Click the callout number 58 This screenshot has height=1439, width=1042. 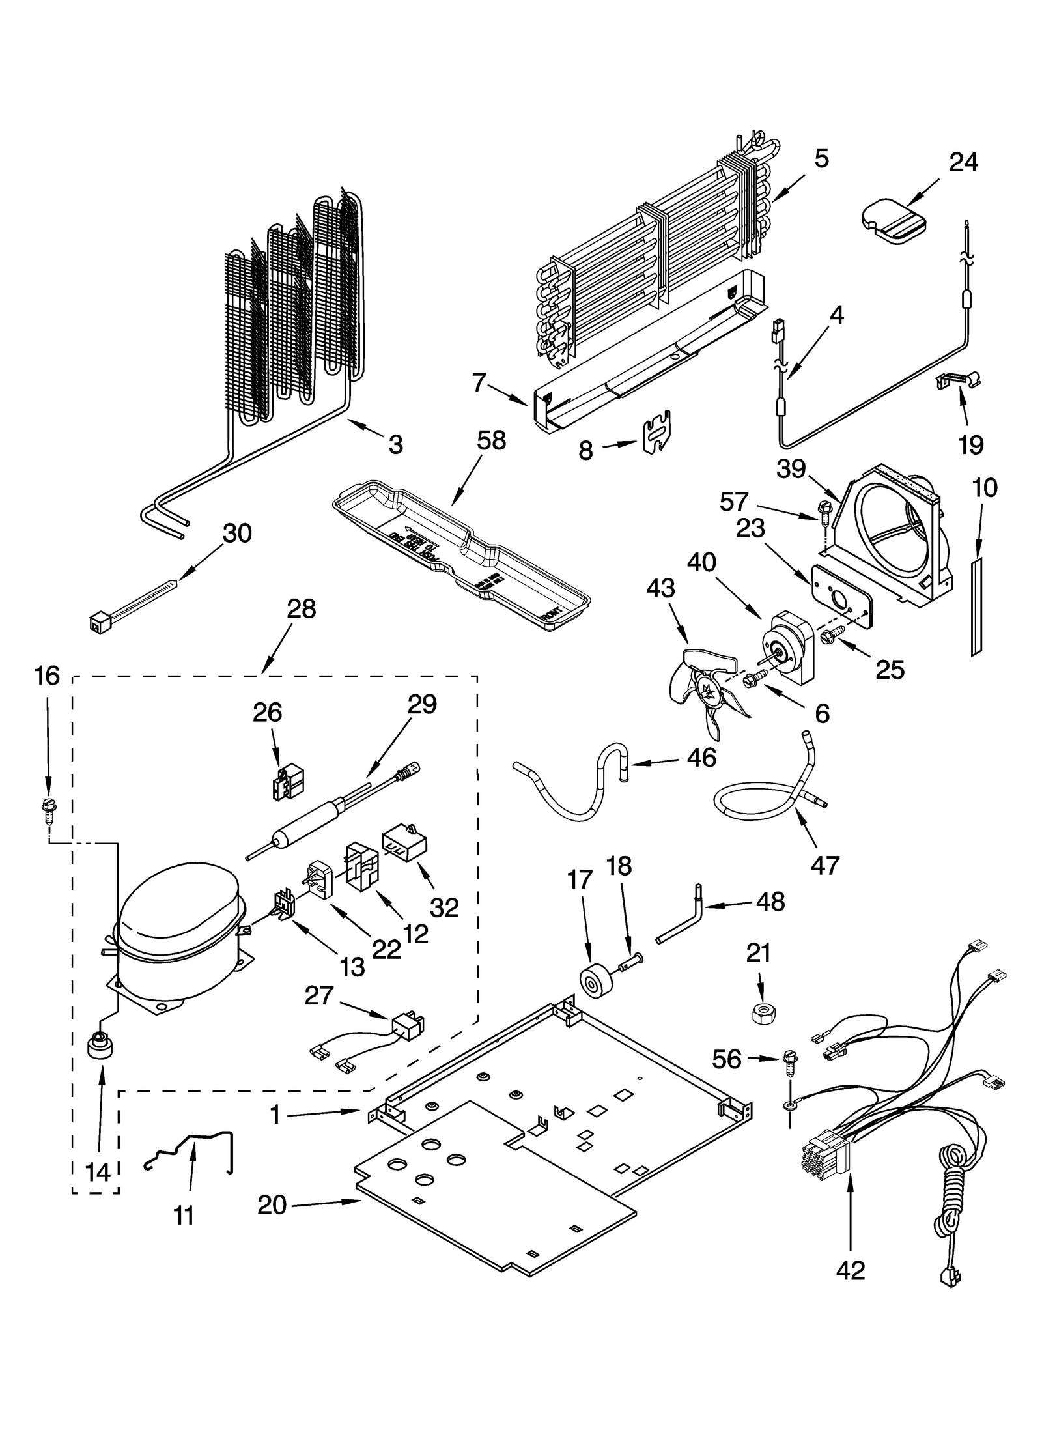(491, 441)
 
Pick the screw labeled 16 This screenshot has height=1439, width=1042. (46, 808)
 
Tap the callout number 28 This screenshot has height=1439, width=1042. (301, 610)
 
